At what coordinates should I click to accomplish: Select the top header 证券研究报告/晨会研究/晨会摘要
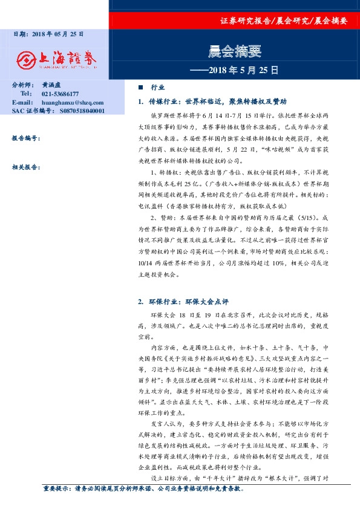(284, 20)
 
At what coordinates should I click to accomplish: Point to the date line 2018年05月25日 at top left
(48, 34)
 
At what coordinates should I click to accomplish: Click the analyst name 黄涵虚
(51, 86)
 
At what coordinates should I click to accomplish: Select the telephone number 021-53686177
(60, 94)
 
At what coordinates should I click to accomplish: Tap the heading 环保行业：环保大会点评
(185, 300)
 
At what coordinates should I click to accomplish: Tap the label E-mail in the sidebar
(22, 103)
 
